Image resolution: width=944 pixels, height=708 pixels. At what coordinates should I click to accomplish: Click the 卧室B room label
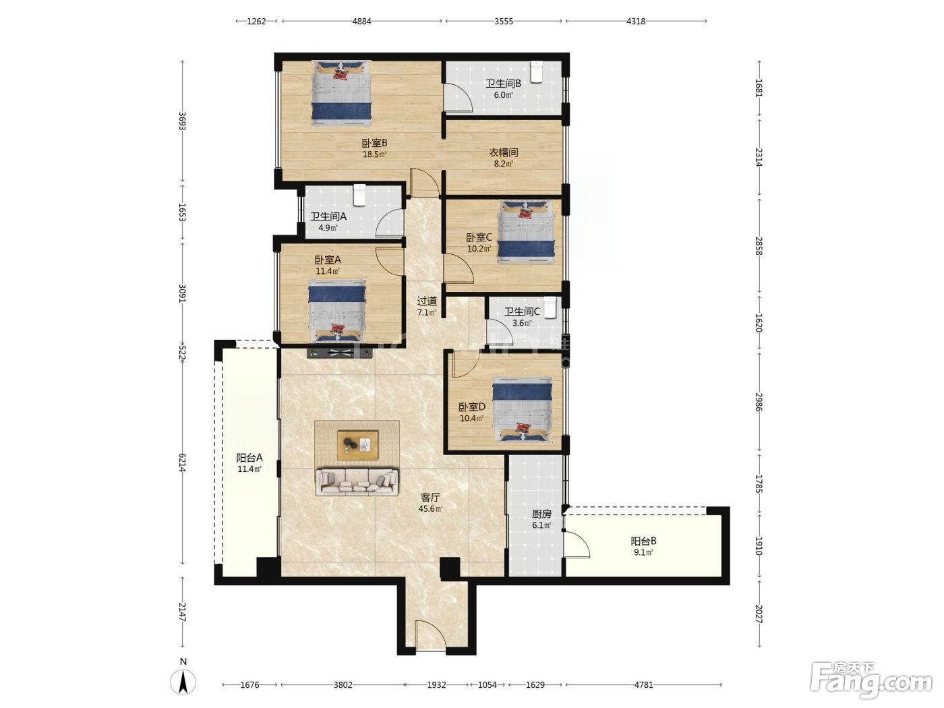(x=374, y=143)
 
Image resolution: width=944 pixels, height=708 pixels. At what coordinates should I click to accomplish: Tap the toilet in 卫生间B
(x=536, y=71)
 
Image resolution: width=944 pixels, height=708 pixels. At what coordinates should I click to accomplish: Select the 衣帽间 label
(x=503, y=152)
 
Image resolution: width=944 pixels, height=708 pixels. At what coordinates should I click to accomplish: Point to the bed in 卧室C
(x=526, y=232)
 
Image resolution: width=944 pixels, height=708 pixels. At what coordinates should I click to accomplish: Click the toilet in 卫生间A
(x=359, y=195)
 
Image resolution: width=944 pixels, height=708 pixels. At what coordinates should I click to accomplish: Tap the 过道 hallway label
(x=427, y=301)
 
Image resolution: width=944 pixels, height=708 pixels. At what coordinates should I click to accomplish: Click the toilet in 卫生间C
(x=550, y=307)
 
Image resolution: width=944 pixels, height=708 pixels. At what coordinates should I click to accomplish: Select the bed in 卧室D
(x=522, y=409)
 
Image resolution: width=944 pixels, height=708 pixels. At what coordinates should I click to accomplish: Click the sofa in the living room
(x=357, y=482)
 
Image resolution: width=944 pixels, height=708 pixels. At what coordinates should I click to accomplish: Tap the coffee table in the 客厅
(x=357, y=445)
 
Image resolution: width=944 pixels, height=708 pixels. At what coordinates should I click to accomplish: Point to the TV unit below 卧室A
(x=340, y=353)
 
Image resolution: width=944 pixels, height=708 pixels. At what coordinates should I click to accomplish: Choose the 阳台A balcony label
(x=249, y=458)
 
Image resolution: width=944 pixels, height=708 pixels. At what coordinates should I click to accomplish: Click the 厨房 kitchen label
(x=541, y=514)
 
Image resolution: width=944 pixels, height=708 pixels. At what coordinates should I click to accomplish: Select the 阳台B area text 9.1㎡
(x=643, y=552)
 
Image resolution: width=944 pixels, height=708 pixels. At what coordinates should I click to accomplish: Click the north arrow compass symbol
(x=183, y=682)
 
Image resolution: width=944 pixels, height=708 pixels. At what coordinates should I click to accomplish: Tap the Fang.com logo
(x=871, y=681)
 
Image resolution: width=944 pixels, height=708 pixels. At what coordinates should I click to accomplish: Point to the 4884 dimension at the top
(x=361, y=21)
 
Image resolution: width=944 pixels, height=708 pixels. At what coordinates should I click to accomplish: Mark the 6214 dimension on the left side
(x=182, y=463)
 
